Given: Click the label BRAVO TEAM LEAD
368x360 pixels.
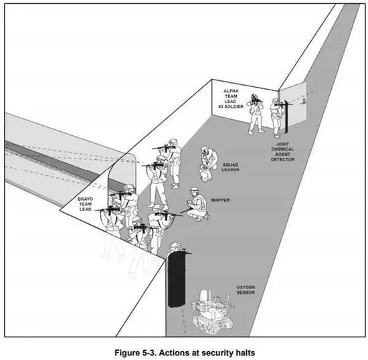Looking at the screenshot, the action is (85, 204).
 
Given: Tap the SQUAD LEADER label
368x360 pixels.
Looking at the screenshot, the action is (230, 167).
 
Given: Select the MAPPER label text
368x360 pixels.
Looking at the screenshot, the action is (220, 200).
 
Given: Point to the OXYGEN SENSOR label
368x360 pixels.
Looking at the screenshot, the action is (246, 290).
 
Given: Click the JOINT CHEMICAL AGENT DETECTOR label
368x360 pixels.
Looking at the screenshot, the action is (282, 152).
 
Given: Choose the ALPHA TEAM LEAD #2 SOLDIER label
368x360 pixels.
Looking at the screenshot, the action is (231, 98).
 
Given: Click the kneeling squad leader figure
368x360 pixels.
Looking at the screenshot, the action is (208, 163).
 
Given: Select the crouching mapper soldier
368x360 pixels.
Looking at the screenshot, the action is (197, 204).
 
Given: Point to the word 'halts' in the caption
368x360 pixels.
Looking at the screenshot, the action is (244, 353).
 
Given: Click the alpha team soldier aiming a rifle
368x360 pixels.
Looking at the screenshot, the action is (256, 114).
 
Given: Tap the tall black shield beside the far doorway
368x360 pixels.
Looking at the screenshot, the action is (286, 116).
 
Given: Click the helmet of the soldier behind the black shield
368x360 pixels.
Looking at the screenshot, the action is (175, 245).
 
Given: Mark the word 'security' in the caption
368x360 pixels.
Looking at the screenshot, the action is (216, 353).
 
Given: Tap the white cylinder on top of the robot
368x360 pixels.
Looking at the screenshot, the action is (203, 295).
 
